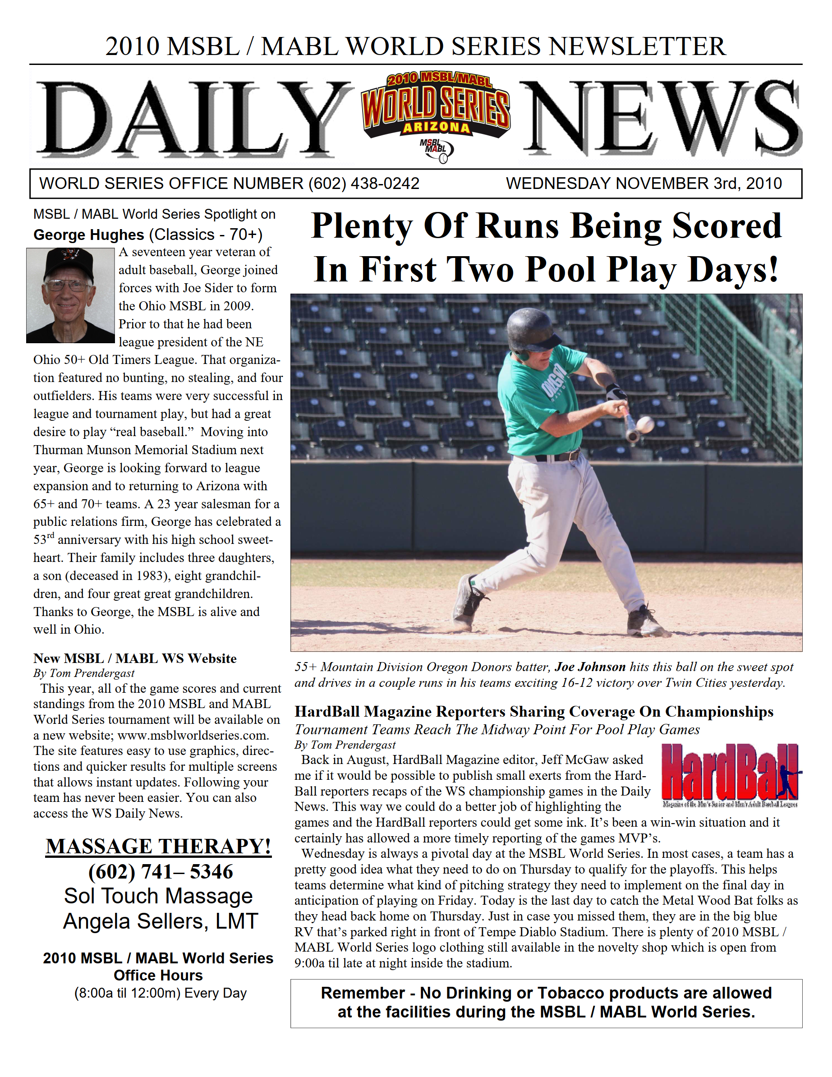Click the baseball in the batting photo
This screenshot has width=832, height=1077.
coord(645,423)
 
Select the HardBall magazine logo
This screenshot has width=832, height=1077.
coord(731,774)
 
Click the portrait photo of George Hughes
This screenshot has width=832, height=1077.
coord(70,295)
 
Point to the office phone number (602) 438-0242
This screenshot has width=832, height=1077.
coord(364,184)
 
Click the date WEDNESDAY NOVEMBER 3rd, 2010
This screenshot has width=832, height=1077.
coord(644,184)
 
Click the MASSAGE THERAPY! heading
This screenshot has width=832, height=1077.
coord(158,846)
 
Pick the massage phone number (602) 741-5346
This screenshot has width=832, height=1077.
coord(160,871)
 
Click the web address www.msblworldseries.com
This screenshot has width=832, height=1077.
coord(193,735)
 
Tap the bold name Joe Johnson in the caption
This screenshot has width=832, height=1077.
coord(590,667)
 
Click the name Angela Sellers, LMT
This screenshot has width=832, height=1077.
coord(160,921)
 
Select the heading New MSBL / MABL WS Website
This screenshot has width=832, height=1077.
coord(135,658)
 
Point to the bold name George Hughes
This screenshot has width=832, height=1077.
coord(89,235)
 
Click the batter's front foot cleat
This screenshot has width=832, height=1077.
coord(648,622)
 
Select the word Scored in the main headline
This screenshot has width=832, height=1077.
coord(726,226)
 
